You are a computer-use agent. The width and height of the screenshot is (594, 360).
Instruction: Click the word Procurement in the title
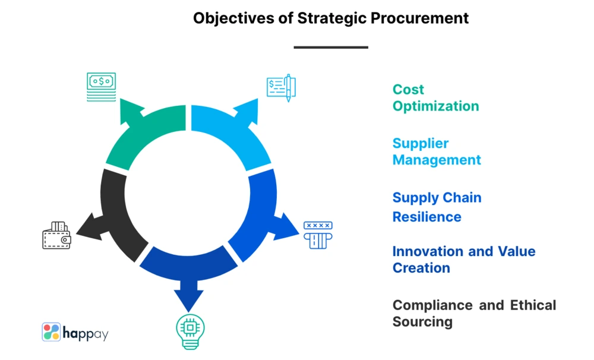420,18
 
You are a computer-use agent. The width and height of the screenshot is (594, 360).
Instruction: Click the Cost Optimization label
435,98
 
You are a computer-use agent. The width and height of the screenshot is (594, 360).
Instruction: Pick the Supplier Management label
437,151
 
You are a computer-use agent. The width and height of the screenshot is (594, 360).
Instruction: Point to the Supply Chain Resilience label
437,207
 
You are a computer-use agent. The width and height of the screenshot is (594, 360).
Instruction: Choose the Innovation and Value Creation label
463,260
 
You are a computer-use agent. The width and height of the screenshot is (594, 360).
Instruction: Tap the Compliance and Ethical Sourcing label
474,314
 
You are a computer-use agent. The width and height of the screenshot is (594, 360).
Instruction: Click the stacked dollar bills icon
101,87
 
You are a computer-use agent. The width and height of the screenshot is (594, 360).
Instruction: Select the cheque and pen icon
281,87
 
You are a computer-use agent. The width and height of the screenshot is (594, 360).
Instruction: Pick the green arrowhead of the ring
132,112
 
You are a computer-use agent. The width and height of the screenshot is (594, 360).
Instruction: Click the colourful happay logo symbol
50,331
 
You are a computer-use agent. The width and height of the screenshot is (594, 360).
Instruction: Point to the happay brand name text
86,333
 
